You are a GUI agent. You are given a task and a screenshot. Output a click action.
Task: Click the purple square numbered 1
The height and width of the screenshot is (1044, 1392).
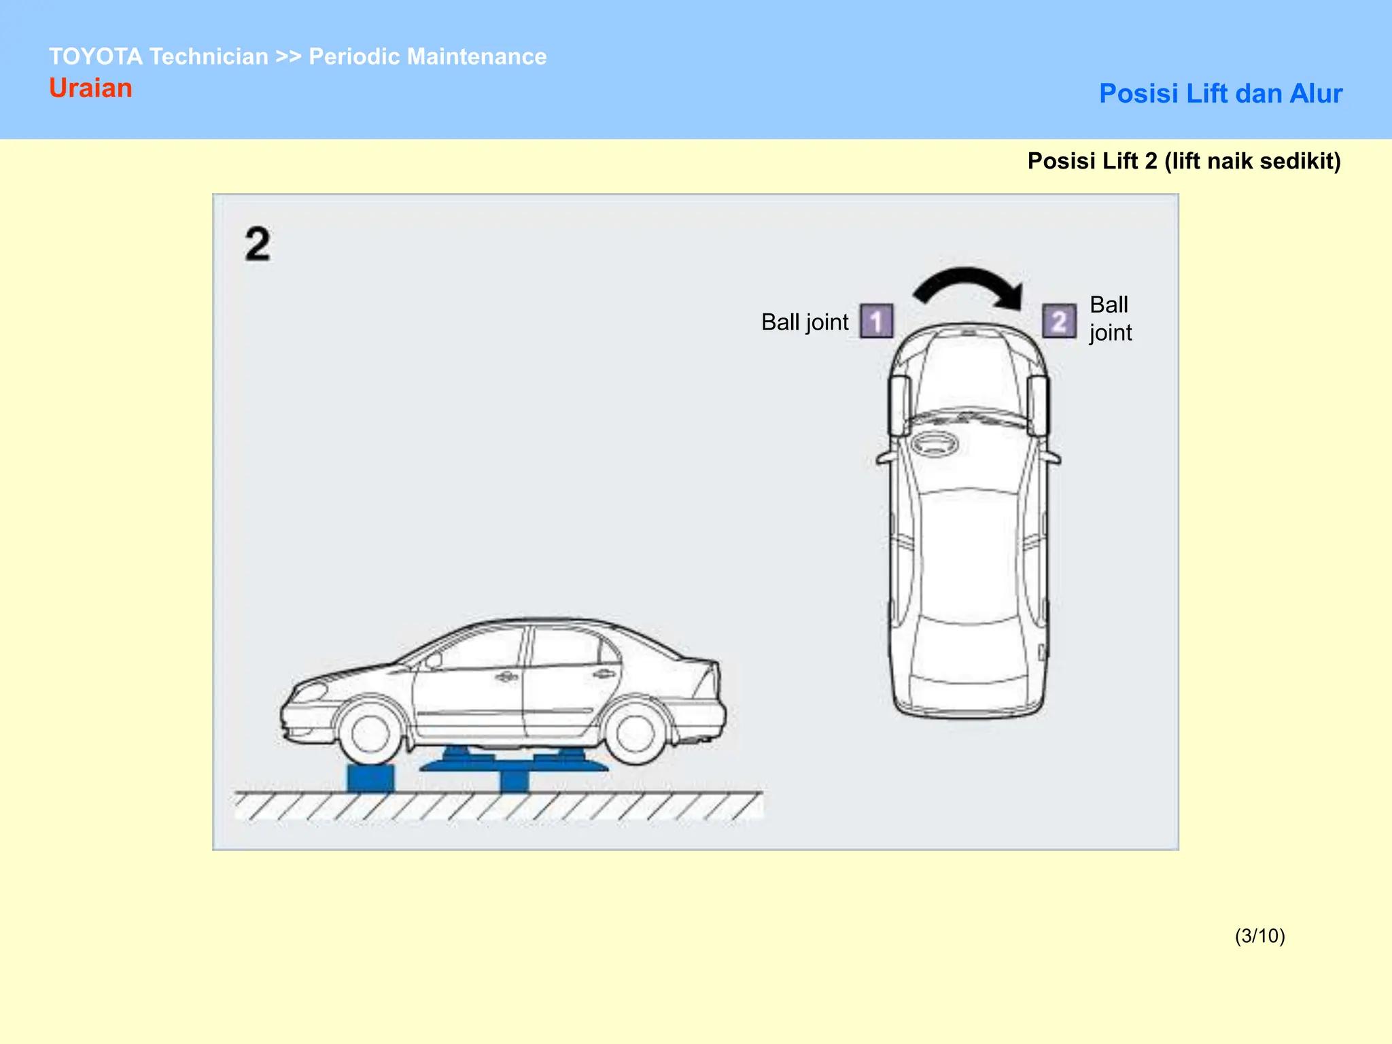[x=876, y=321]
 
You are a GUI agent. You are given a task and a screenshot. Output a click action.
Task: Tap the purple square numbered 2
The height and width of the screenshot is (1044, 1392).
[x=1059, y=321]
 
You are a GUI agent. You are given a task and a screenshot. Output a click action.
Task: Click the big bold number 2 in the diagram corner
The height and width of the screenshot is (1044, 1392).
[x=258, y=244]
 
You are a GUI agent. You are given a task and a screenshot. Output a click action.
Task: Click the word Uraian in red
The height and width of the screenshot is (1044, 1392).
[x=90, y=88]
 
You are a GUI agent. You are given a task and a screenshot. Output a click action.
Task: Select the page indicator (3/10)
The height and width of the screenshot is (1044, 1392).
[x=1259, y=936]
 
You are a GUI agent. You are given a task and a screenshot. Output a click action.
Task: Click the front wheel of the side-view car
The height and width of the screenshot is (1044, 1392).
[x=370, y=733]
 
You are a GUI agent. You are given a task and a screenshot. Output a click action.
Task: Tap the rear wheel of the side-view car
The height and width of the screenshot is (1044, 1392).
[x=633, y=733]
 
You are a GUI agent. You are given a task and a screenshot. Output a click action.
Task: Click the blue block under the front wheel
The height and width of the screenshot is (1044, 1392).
[x=370, y=778]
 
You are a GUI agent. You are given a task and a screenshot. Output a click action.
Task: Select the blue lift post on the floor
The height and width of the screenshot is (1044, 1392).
[x=514, y=780]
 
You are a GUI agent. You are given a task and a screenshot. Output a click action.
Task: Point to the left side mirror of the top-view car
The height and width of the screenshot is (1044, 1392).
[x=883, y=459]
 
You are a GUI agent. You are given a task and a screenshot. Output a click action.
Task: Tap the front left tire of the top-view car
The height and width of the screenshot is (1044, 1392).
[x=899, y=405]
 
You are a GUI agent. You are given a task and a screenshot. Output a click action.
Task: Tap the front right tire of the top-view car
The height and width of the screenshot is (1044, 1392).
[x=1038, y=405]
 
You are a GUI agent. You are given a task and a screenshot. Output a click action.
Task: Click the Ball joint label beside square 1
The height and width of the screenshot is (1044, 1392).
[x=805, y=322]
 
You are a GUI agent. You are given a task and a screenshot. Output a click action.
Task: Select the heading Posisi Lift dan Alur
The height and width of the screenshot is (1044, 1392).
[x=1221, y=93]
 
